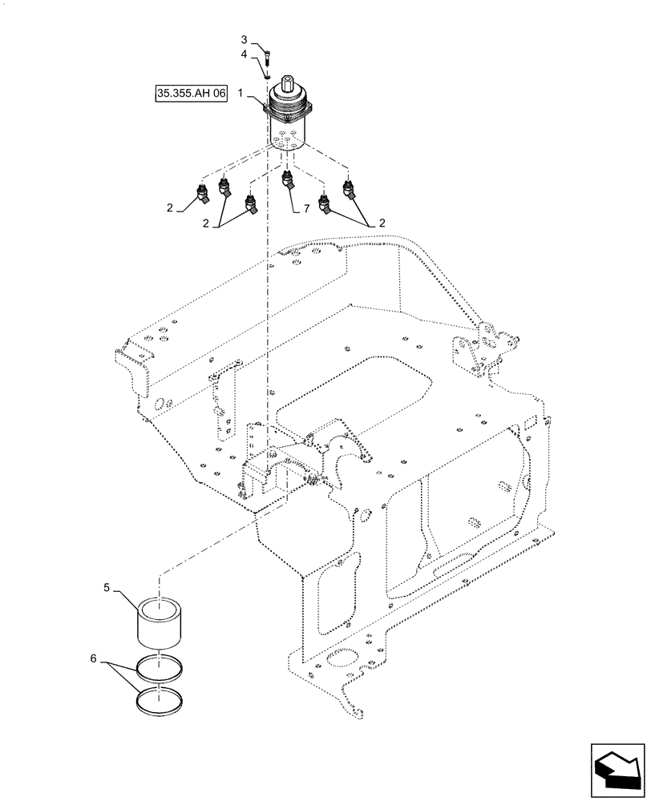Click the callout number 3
pos(245,39)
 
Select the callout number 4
pos(245,54)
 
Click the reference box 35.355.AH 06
pos(192,95)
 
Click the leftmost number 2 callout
pos(170,207)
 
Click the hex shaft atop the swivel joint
pos(288,88)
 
